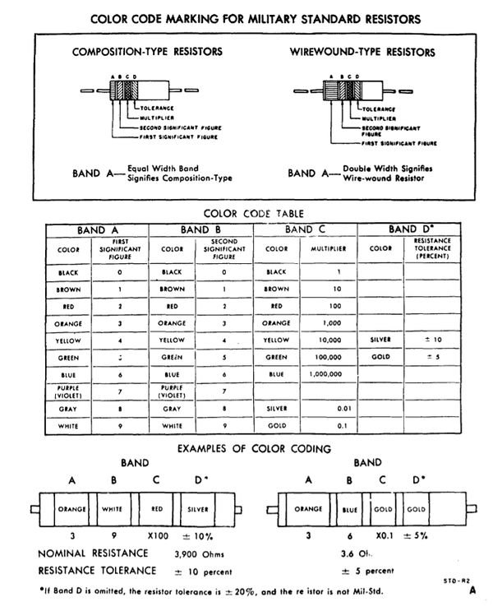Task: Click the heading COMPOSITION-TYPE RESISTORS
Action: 147,51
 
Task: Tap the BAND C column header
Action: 306,229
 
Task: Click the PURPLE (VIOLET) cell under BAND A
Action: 67,391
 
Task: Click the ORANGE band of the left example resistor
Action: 72,509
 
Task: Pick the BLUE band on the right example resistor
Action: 350,509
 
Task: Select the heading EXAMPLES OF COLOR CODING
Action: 254,448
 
